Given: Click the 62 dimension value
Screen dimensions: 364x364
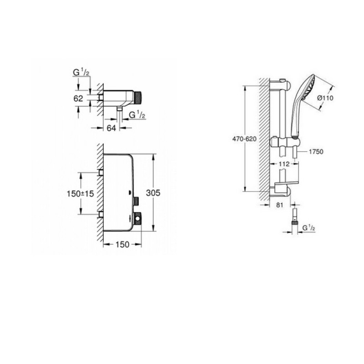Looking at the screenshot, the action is point(78,98).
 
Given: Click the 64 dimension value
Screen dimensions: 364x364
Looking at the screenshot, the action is point(111,128).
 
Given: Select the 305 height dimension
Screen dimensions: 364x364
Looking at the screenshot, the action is point(153,192).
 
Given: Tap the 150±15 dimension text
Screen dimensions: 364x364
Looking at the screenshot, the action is point(81,194).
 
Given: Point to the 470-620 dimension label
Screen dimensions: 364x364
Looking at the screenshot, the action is point(244,139).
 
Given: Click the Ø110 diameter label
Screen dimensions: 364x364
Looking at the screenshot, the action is point(325,98).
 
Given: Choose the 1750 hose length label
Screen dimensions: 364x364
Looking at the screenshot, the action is point(316,152).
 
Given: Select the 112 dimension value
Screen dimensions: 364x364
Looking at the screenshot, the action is point(284,164).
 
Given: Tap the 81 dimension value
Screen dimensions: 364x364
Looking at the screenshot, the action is point(280,205).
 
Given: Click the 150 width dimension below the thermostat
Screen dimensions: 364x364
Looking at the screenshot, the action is point(122,244).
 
